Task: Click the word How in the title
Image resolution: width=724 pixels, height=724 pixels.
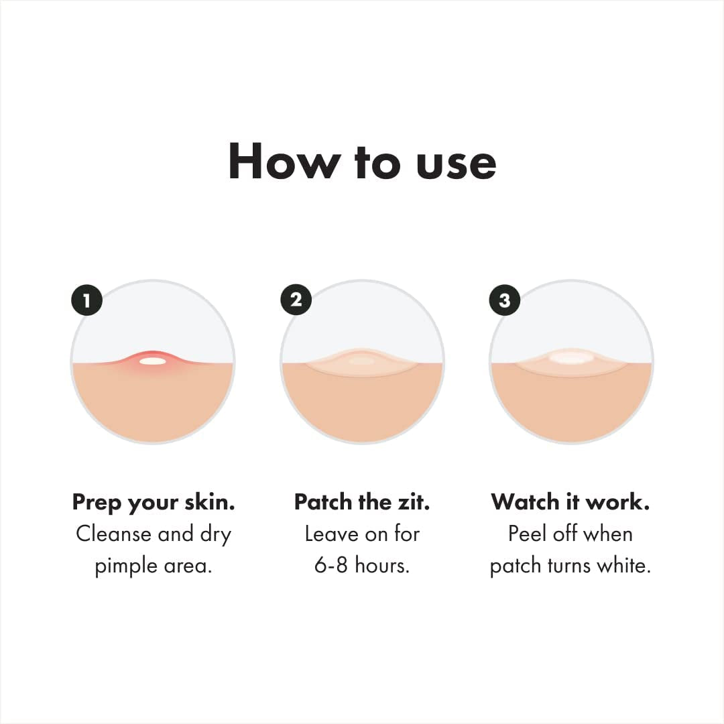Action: point(278,162)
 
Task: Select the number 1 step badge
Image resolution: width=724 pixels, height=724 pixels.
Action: point(86,300)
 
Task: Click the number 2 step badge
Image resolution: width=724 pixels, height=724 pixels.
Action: point(296,300)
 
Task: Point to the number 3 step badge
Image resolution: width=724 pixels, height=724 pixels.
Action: point(505,300)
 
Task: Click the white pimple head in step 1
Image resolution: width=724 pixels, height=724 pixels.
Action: point(153,361)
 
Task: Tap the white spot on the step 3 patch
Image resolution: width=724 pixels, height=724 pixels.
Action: point(571,357)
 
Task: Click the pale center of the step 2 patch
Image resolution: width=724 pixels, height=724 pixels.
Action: point(362,361)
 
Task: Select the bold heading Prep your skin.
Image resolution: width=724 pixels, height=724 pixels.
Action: point(154,502)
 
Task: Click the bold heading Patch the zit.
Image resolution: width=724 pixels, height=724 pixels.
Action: point(362,502)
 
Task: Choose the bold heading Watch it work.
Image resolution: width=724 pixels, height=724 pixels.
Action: point(570,502)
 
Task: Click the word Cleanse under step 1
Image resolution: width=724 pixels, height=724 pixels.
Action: point(114,534)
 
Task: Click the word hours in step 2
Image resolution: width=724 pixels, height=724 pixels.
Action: point(382,566)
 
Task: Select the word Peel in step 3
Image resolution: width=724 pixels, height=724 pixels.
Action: point(527,534)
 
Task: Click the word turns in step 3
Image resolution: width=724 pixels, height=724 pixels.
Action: point(566,566)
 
